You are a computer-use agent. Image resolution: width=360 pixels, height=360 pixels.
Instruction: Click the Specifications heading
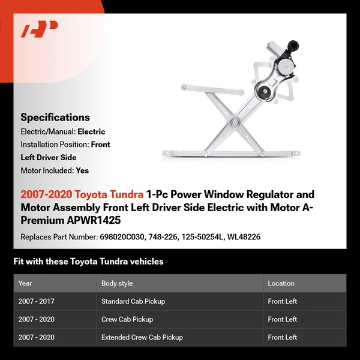pos(55,118)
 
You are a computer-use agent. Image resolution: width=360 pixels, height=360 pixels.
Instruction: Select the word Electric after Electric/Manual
pos(91,131)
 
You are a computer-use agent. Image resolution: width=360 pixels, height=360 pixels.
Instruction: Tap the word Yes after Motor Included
pos(82,170)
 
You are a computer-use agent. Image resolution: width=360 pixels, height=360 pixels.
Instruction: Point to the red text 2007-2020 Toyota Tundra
pos(82,195)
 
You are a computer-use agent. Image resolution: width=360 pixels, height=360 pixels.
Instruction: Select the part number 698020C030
pos(122,237)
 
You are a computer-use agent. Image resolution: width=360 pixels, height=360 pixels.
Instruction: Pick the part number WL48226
pos(245,237)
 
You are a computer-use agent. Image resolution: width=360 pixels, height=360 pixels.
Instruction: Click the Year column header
pos(25,283)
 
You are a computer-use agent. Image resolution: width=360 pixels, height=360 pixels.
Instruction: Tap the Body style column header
pos(117,283)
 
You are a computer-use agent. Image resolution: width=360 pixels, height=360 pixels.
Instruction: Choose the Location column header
pos(281,283)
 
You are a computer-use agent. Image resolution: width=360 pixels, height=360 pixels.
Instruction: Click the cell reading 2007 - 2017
pos(37,301)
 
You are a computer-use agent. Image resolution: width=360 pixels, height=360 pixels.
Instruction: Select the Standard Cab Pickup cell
pos(133,301)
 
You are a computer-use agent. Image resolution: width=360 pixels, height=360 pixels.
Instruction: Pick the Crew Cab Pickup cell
pos(127,319)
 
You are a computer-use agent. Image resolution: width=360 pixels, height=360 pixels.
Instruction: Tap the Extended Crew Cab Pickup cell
pos(142,337)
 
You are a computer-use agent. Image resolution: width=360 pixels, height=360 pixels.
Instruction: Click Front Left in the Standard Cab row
pos(283,301)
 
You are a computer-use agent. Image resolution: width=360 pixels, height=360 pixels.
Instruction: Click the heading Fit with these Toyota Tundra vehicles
pos(88,262)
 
